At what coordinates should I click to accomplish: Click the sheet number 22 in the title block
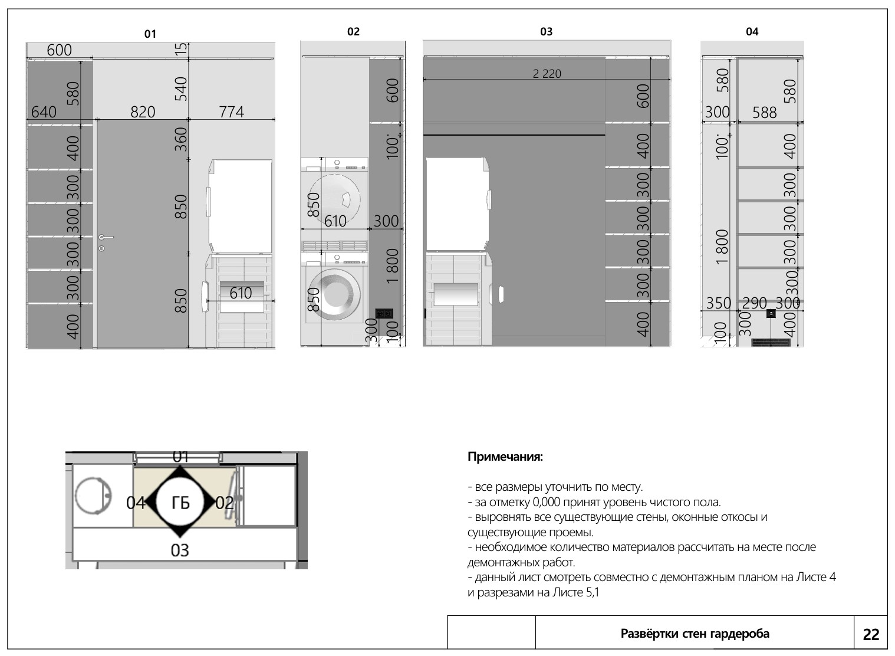871,635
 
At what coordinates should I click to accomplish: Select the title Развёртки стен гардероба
695,634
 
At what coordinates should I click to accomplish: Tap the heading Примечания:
505,457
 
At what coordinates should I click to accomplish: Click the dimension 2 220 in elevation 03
547,74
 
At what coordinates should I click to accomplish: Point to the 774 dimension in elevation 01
231,111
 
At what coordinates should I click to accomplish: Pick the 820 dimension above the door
143,112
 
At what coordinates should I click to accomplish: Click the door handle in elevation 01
106,238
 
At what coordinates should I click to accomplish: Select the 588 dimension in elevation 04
764,113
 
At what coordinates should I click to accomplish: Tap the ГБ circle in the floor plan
180,503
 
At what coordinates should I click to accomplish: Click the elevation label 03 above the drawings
546,32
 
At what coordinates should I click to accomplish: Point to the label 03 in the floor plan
180,550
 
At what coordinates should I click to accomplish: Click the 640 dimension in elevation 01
44,112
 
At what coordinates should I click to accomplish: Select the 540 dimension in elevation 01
181,88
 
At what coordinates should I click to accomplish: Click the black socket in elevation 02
384,313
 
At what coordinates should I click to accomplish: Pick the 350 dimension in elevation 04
718,303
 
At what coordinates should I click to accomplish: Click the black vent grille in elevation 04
771,343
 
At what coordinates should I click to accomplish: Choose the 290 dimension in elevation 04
755,303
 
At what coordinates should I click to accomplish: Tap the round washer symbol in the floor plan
94,496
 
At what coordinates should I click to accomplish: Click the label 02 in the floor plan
225,503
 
